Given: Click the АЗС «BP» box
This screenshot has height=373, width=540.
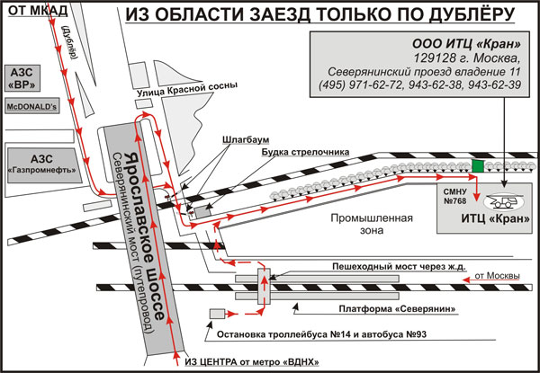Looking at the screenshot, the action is pyautogui.click(x=22, y=78).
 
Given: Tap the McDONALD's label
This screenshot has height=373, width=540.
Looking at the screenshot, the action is pyautogui.click(x=31, y=107).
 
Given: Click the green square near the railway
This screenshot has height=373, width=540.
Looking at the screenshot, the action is pyautogui.click(x=478, y=166).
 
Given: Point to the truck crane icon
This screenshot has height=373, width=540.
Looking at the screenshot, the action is pyautogui.click(x=503, y=202).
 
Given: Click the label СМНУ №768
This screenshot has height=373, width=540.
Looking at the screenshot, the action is pyautogui.click(x=454, y=196).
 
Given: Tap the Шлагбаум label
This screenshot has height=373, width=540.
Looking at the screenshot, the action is pyautogui.click(x=246, y=140).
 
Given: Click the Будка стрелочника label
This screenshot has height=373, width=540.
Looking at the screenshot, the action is pyautogui.click(x=305, y=152).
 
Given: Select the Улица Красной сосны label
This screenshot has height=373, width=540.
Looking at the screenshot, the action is pyautogui.click(x=187, y=90).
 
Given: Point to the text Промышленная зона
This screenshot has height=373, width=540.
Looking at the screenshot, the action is pyautogui.click(x=372, y=224).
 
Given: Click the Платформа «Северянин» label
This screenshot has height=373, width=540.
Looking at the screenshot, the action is pyautogui.click(x=397, y=309).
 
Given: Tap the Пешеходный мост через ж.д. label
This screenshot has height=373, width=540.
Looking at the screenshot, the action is pyautogui.click(x=399, y=266).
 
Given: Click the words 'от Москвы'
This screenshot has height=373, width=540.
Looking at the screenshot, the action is pyautogui.click(x=498, y=276).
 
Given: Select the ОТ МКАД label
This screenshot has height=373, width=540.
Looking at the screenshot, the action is pyautogui.click(x=38, y=11).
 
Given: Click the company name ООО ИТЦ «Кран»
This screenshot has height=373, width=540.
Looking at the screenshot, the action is pyautogui.click(x=466, y=44).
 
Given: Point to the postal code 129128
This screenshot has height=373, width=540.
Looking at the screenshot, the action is pyautogui.click(x=436, y=58).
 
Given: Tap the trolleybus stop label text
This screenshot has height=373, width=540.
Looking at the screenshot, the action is pyautogui.click(x=321, y=334).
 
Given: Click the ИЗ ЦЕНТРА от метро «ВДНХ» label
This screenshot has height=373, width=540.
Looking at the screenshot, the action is pyautogui.click(x=252, y=362).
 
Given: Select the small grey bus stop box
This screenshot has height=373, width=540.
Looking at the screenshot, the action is pyautogui.click(x=217, y=314).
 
